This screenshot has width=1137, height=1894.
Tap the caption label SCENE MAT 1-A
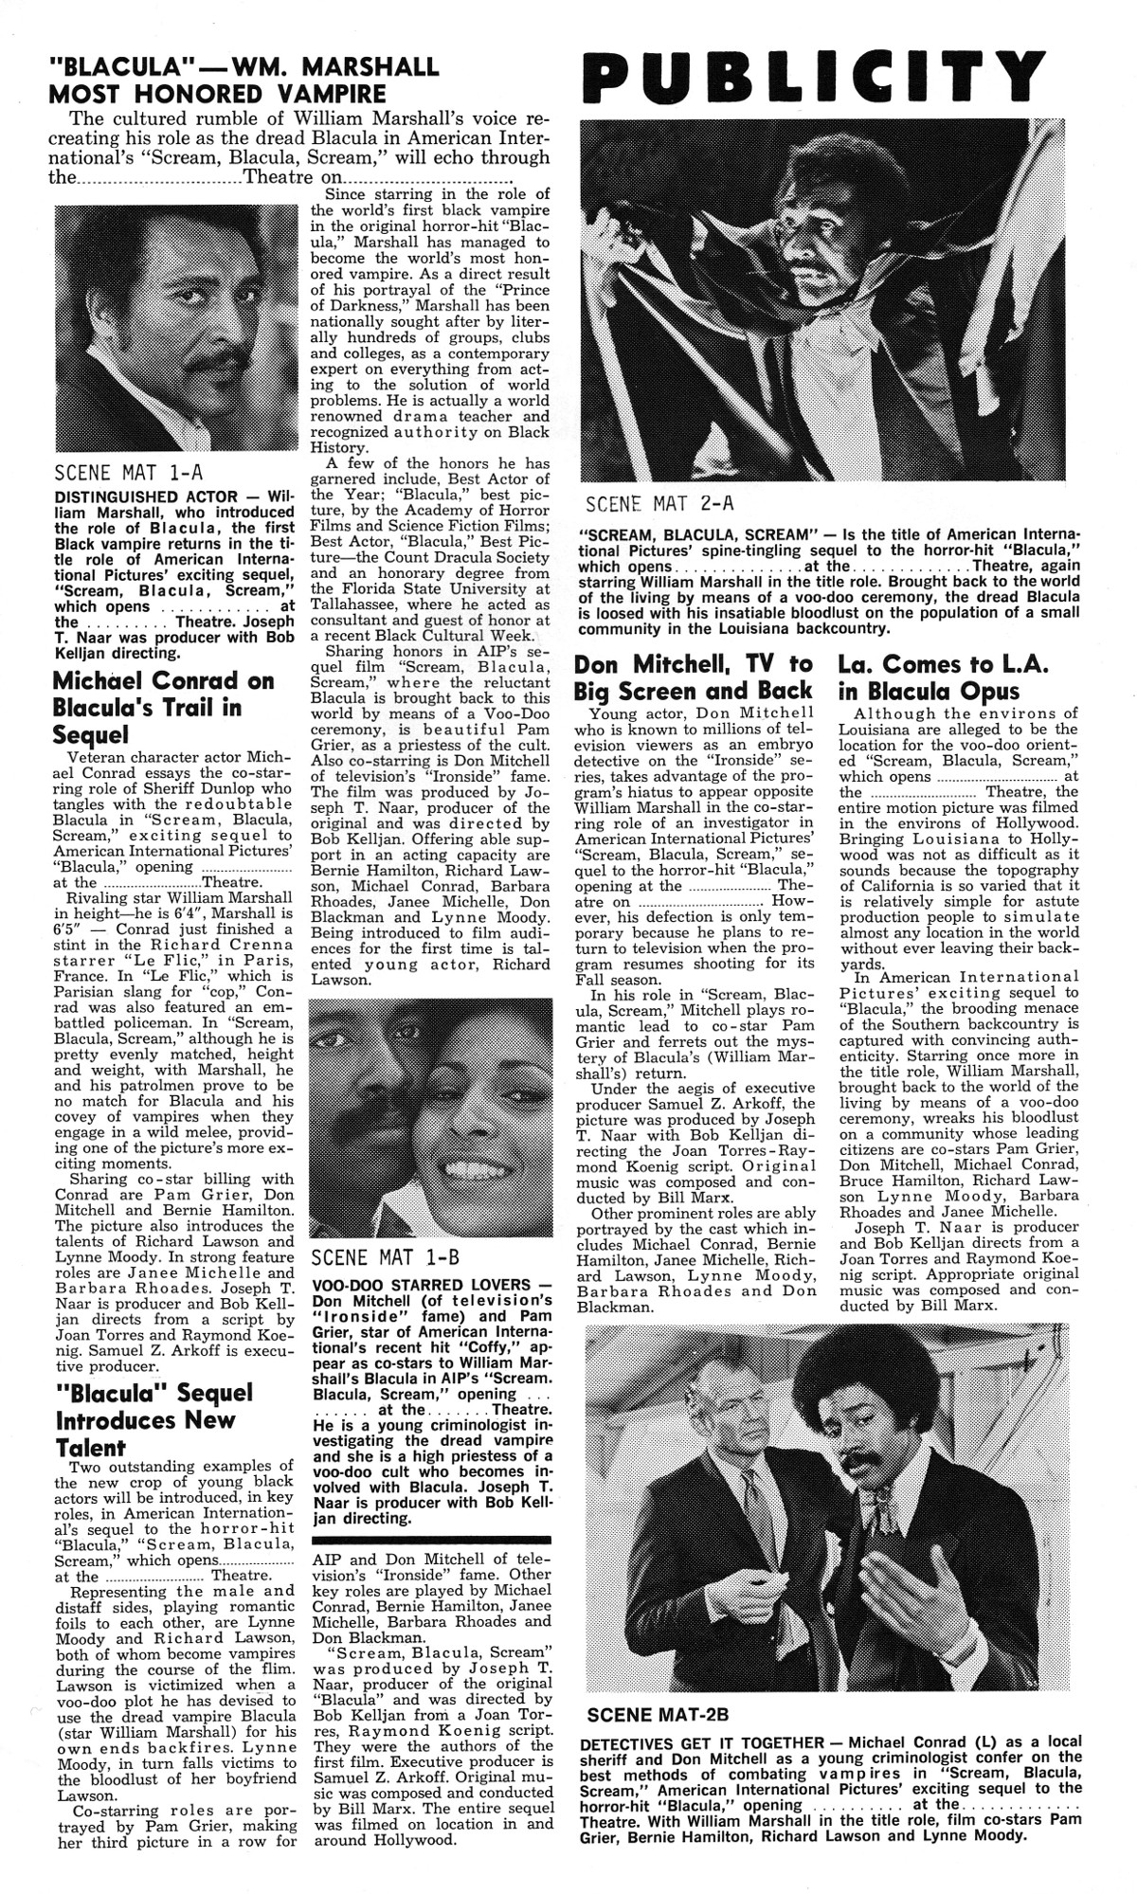coord(129,472)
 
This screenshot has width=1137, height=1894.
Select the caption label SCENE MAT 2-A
coord(659,502)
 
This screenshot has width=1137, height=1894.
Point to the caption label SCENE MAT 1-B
coord(385,1257)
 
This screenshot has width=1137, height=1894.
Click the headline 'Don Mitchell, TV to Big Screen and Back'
coord(694,676)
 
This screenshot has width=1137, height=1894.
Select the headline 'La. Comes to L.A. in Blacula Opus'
coord(943,676)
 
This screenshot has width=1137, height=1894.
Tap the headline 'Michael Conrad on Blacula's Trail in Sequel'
coord(163,707)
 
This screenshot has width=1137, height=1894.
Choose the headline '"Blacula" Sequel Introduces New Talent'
coord(153,1419)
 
